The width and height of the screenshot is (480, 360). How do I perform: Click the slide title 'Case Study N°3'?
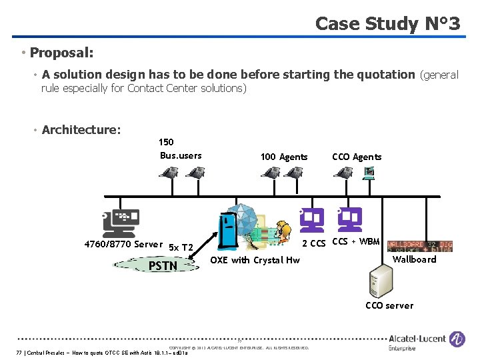[387, 24]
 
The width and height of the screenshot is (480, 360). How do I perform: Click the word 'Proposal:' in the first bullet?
[61, 52]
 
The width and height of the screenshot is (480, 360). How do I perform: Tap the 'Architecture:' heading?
[81, 129]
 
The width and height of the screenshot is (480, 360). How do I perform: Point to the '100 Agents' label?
[284, 157]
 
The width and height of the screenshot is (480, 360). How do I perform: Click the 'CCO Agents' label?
[357, 157]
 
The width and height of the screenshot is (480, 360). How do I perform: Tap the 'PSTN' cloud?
[163, 265]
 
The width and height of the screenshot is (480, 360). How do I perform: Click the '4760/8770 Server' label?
[123, 244]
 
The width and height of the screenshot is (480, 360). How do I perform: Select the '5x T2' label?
[180, 247]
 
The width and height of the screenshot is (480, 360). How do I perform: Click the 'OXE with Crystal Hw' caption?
[255, 260]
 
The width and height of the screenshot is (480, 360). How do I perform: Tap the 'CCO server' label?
[389, 305]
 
